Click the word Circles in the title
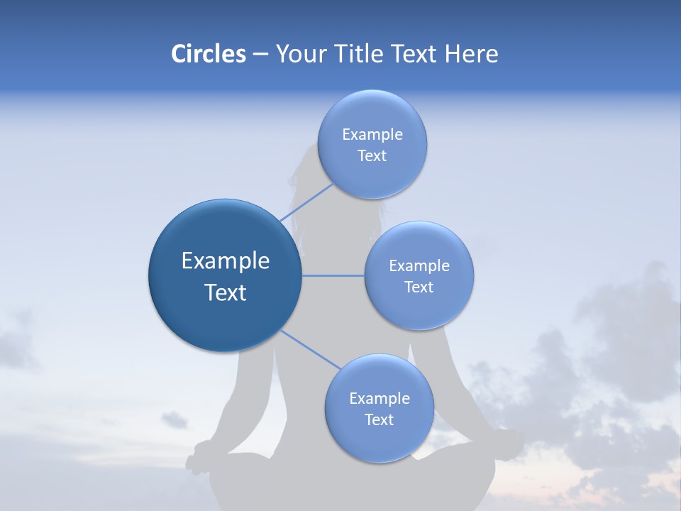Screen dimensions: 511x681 coord(208,54)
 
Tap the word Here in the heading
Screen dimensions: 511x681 coord(471,54)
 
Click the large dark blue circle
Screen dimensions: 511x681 coord(225,275)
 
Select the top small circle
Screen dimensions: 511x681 coord(372,145)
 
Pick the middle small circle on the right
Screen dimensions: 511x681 coord(419,275)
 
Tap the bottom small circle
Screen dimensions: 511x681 coord(379,408)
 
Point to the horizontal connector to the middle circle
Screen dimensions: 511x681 coord(333,275)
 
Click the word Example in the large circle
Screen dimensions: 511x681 coord(225,261)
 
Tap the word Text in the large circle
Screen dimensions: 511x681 coord(225,292)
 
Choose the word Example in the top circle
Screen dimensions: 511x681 coord(372,135)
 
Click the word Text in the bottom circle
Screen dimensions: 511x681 coord(379,420)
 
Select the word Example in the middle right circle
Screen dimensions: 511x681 coord(419,266)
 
